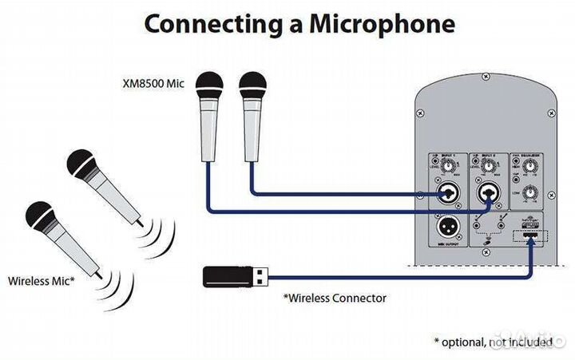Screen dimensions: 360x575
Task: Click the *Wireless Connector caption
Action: (x=335, y=298)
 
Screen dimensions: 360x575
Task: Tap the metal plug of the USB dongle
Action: (x=261, y=277)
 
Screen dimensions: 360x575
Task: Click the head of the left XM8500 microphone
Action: (x=210, y=84)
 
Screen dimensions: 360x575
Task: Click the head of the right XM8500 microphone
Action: (x=252, y=84)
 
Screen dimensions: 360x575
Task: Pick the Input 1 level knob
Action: (x=447, y=168)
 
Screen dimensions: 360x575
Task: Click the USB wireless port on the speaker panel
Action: (x=529, y=238)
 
